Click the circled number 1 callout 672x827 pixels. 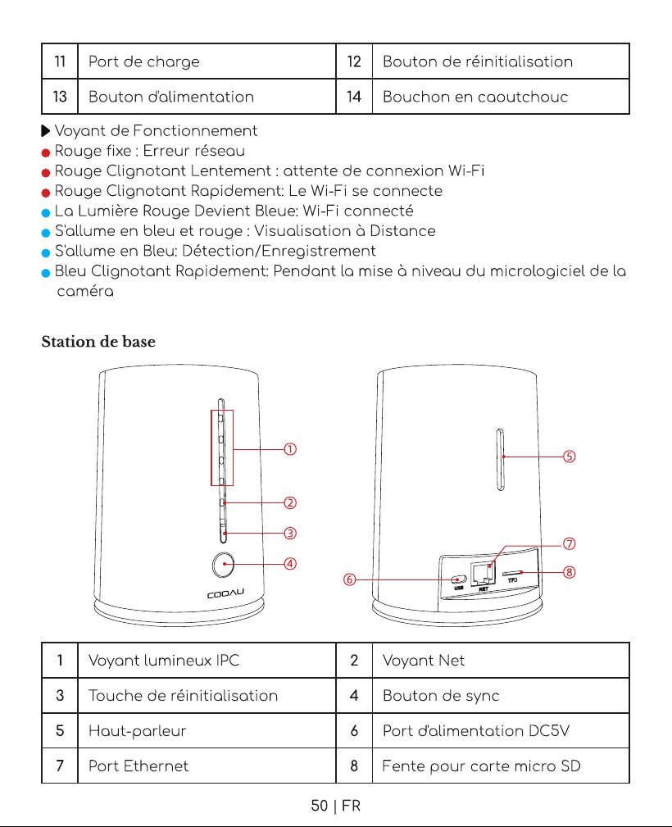290,449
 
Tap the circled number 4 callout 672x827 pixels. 290,564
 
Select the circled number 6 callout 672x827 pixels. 349,579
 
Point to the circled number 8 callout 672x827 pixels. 569,572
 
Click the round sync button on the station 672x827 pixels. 224,565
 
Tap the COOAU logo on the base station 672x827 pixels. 225,594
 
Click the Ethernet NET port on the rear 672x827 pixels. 483,574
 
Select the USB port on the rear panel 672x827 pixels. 458,579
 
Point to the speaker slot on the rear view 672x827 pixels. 501,459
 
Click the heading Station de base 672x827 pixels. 98,342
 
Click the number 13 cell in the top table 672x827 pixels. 60,97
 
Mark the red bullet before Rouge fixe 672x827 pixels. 46,152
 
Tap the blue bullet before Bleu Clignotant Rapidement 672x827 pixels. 46,273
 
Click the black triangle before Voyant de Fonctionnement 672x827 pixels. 46,131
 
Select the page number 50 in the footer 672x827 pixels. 319,806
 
